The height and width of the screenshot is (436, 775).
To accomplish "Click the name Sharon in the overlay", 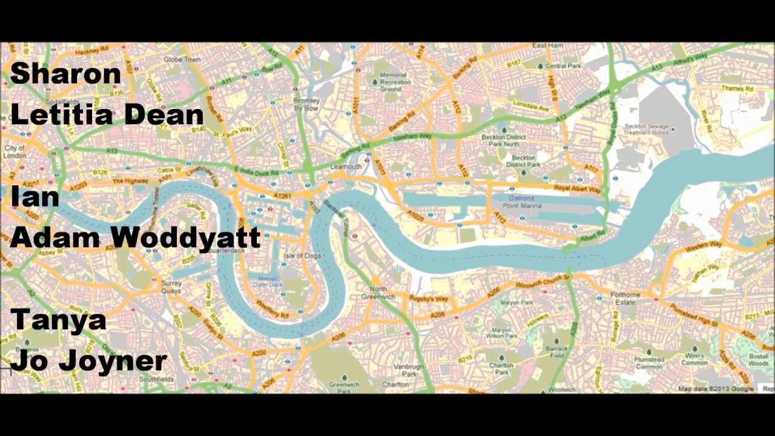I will pyautogui.click(x=65, y=74).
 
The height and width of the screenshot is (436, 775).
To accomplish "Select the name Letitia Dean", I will pyautogui.click(x=107, y=114).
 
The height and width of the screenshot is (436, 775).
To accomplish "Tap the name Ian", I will pyautogui.click(x=35, y=197).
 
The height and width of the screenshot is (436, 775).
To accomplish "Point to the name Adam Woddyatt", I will pyautogui.click(x=135, y=237).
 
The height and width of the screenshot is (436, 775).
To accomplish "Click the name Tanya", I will pyautogui.click(x=58, y=319).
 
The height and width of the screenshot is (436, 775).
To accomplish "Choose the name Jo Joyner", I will pyautogui.click(x=88, y=361).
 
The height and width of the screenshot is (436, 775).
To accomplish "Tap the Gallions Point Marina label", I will pyautogui.click(x=521, y=202).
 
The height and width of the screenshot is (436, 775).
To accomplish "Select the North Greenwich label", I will pyautogui.click(x=378, y=292).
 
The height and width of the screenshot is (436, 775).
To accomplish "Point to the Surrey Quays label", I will pyautogui.click(x=171, y=286).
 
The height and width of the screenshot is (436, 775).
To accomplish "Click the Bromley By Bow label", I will pyautogui.click(x=306, y=104).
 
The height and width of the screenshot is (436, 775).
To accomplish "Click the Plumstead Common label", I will pyautogui.click(x=649, y=363).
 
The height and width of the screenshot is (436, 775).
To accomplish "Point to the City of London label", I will pyautogui.click(x=14, y=151).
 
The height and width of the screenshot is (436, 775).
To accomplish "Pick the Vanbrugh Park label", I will pyautogui.click(x=404, y=370).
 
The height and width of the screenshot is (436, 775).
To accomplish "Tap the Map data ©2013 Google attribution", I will pyautogui.click(x=716, y=389).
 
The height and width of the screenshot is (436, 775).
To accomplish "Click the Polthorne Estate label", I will pyautogui.click(x=625, y=298).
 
